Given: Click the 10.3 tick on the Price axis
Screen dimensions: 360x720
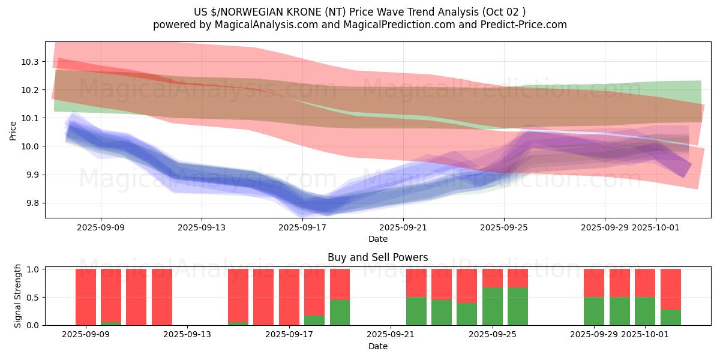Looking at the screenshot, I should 30,62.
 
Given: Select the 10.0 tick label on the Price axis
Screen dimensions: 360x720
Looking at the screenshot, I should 30,146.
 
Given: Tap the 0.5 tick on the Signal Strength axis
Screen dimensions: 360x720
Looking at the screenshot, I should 32,298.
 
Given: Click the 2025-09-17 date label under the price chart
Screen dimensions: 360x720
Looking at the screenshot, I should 302,227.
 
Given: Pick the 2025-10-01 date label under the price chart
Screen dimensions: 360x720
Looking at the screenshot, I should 655,227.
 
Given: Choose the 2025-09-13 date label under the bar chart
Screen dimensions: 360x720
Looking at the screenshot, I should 188,335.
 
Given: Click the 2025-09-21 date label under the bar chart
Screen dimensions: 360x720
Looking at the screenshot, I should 391,335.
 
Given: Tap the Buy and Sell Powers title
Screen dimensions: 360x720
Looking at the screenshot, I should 377,257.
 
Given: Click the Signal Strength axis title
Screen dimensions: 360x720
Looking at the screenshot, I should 18,296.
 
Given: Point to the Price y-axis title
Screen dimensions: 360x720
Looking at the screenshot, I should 13,130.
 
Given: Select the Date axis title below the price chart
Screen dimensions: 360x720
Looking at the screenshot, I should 377,239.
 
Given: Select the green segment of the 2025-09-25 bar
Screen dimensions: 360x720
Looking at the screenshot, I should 493,307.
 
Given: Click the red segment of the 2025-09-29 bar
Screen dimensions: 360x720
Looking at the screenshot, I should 594,283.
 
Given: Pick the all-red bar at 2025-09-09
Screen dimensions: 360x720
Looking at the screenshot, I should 86,297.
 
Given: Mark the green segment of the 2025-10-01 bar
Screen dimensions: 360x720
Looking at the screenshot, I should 645,311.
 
